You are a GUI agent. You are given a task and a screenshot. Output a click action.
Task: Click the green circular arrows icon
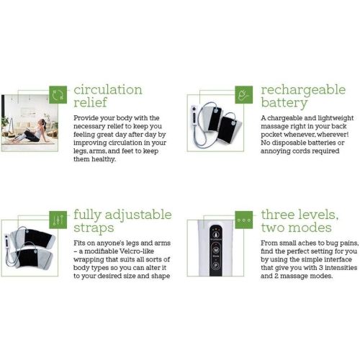(58, 95)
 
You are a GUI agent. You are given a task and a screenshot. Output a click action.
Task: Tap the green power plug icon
(243, 95)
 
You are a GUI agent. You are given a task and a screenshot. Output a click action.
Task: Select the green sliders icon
(58, 220)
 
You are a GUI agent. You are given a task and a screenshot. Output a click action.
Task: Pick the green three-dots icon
(243, 220)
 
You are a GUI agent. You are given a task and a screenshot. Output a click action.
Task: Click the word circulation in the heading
(108, 90)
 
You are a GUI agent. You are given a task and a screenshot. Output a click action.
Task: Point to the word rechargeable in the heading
(303, 90)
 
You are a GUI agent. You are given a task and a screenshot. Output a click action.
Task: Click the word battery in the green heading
(284, 103)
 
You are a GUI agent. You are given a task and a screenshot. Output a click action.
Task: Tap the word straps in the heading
(94, 228)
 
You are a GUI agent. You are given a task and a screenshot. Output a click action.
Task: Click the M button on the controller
(216, 250)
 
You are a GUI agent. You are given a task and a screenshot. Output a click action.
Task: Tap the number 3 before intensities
(320, 268)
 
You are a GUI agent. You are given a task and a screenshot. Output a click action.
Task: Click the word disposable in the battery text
(289, 143)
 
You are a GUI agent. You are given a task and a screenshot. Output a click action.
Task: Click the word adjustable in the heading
(138, 215)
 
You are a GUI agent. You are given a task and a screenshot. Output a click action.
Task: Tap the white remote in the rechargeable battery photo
(194, 114)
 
